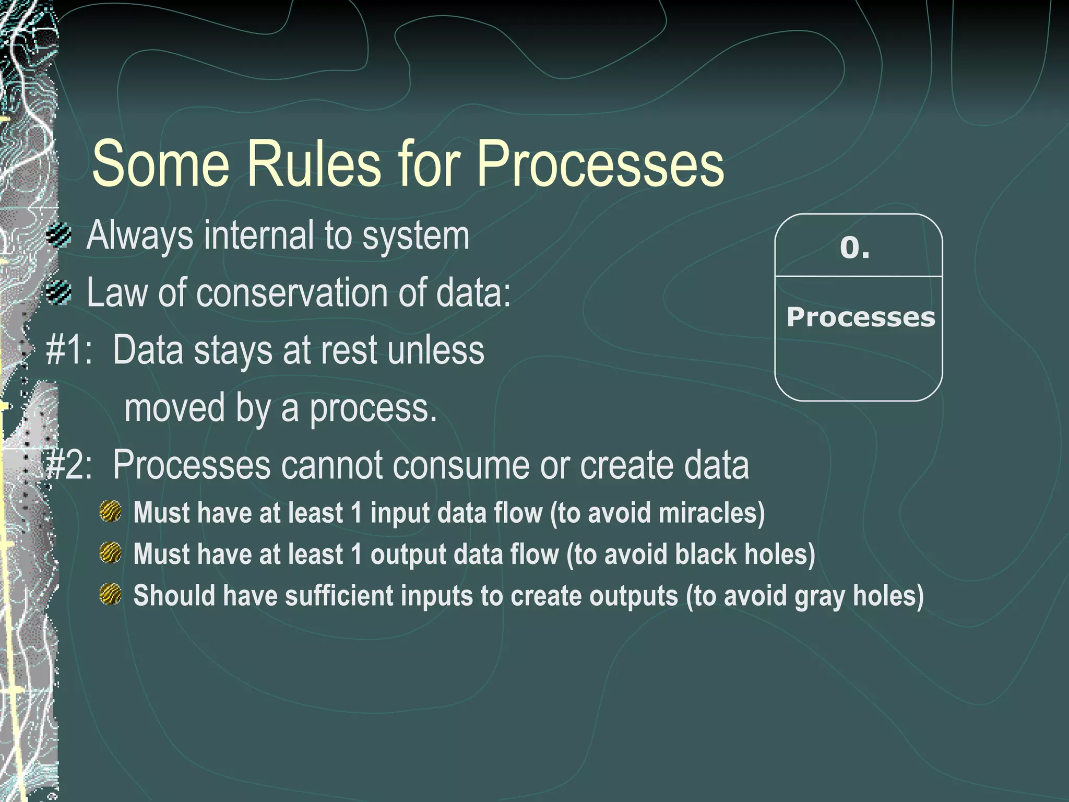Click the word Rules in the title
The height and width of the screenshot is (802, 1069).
[x=314, y=164]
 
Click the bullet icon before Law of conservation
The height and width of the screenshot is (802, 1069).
[x=58, y=292]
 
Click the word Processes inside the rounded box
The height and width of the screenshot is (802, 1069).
[x=860, y=317]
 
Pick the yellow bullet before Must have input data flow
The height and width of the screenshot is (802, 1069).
[x=110, y=512]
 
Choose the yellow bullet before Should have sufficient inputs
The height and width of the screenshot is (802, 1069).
[x=110, y=595]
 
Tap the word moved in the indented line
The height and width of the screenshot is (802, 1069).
[x=175, y=408]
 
